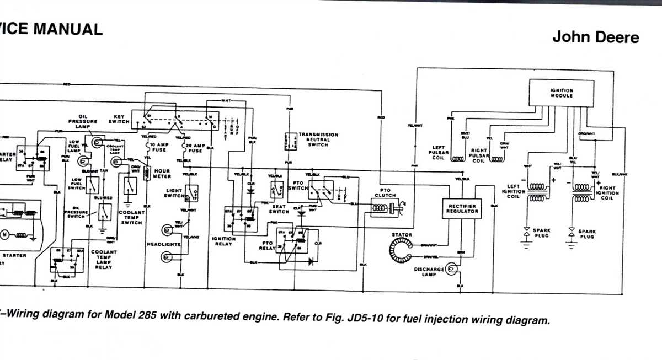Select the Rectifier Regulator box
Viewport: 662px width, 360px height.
point(462,208)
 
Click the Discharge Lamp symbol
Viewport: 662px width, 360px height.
point(450,268)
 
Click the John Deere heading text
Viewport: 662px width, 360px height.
point(596,37)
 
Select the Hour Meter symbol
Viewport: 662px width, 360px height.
point(147,174)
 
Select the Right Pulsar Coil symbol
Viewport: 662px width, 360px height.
point(497,159)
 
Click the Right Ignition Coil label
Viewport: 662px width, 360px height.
point(609,193)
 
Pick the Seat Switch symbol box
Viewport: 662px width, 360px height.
point(276,190)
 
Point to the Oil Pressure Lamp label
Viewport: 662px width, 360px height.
point(83,121)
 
